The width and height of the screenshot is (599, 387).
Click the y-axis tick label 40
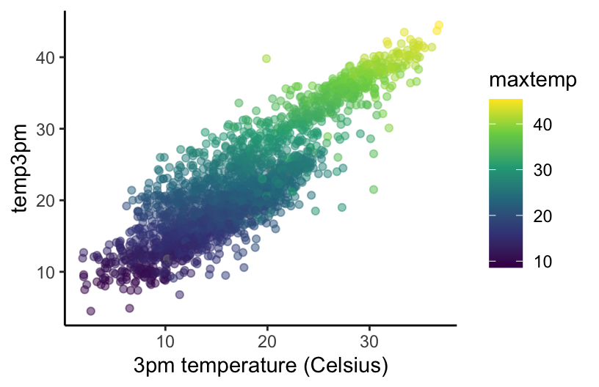(46, 57)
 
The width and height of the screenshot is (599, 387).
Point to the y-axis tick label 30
(46, 129)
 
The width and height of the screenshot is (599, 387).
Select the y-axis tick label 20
(46, 200)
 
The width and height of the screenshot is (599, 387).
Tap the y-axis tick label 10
(46, 272)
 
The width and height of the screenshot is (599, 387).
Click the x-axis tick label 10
(165, 342)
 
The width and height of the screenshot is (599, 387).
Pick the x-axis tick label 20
(267, 342)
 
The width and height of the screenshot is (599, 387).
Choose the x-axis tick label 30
(369, 342)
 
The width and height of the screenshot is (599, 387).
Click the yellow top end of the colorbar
(506, 102)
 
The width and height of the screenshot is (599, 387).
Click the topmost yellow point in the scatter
(439, 26)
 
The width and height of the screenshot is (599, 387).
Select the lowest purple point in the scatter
(91, 312)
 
